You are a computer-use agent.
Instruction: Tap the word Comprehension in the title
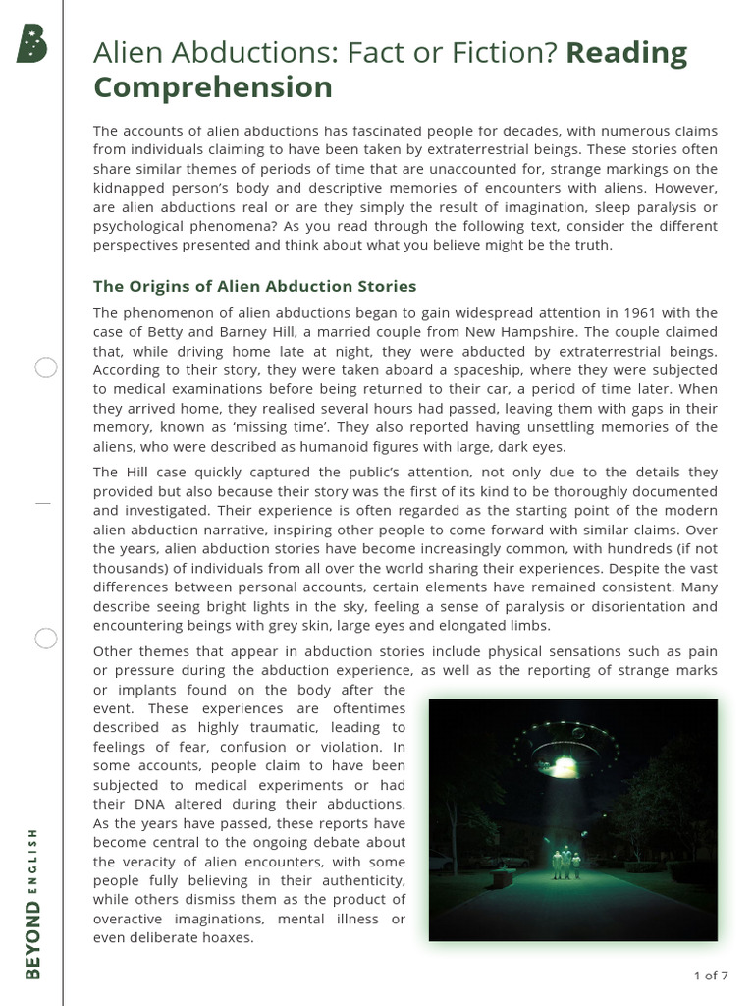(213, 87)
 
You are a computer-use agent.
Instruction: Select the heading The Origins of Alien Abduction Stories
(254, 286)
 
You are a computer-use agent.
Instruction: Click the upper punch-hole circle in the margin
(46, 368)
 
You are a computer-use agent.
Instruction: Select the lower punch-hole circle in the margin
(46, 639)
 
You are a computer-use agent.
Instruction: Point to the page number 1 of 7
(710, 976)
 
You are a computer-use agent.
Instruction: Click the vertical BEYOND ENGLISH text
(34, 903)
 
